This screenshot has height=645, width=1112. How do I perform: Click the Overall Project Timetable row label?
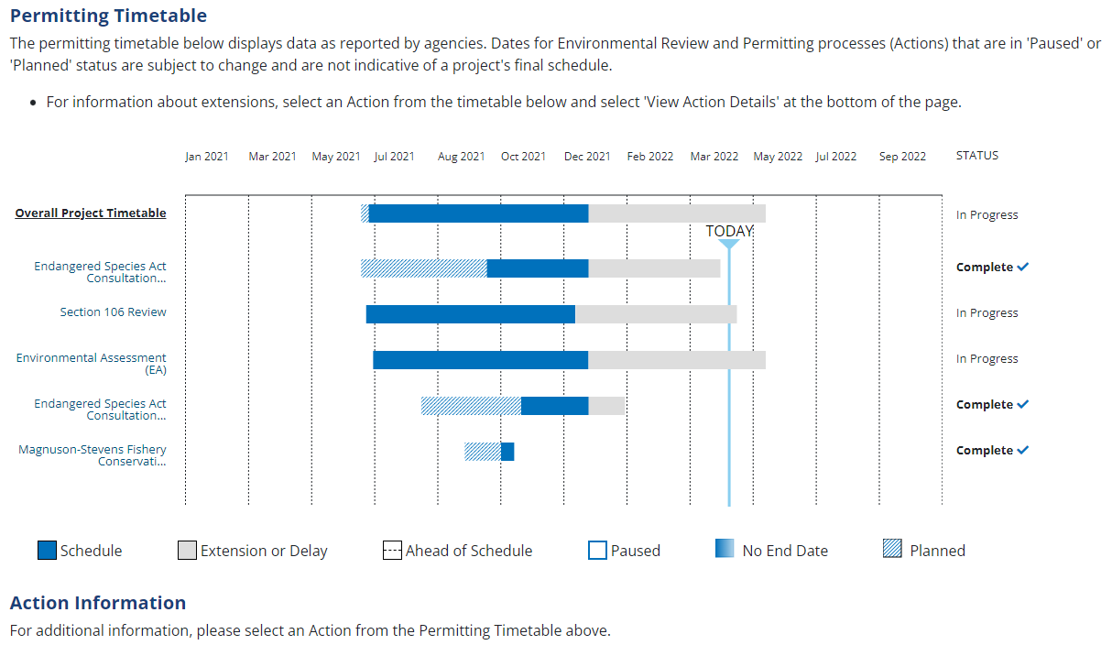tap(91, 213)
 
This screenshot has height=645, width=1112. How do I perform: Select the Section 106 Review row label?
tap(114, 312)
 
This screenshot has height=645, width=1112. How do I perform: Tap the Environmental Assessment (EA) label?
tap(92, 364)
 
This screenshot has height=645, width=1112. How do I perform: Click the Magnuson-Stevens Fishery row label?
tap(93, 455)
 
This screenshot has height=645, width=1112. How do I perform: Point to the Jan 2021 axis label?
tap(207, 157)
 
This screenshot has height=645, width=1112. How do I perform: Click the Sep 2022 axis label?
tap(902, 157)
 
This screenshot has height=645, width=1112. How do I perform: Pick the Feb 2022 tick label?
tap(650, 157)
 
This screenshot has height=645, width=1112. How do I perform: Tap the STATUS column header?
tap(977, 156)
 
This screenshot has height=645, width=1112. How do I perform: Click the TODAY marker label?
tap(729, 231)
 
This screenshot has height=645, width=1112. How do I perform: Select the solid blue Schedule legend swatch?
tap(48, 551)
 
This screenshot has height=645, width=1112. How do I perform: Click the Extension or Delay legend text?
tap(264, 552)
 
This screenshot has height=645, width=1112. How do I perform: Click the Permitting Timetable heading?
tap(108, 16)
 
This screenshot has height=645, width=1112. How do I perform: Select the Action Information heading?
tap(98, 603)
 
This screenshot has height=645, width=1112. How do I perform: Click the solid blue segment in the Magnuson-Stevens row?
tap(507, 452)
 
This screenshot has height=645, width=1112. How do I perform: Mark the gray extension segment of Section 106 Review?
tap(656, 314)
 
